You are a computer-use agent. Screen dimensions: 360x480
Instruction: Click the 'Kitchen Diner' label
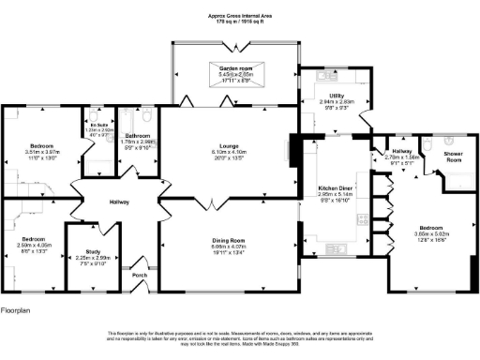tap(334, 187)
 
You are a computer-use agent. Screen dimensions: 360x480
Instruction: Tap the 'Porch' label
tap(140, 275)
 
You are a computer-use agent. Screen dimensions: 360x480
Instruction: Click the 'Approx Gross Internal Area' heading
tap(240, 16)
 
